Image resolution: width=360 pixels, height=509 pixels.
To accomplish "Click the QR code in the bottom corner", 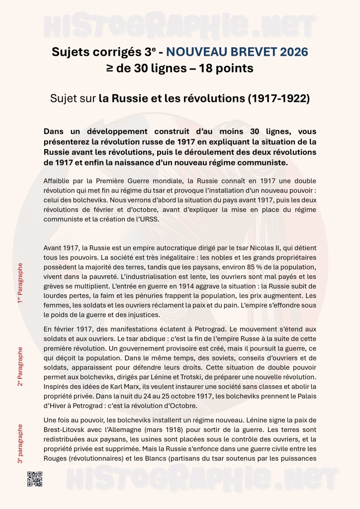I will [34, 479].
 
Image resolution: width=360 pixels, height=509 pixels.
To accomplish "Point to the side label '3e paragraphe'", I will [20, 444].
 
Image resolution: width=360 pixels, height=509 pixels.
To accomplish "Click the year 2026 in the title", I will [292, 52].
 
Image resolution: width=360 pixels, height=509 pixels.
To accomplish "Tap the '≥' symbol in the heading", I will [109, 69].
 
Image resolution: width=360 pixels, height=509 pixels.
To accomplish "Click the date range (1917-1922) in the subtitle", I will [278, 98].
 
